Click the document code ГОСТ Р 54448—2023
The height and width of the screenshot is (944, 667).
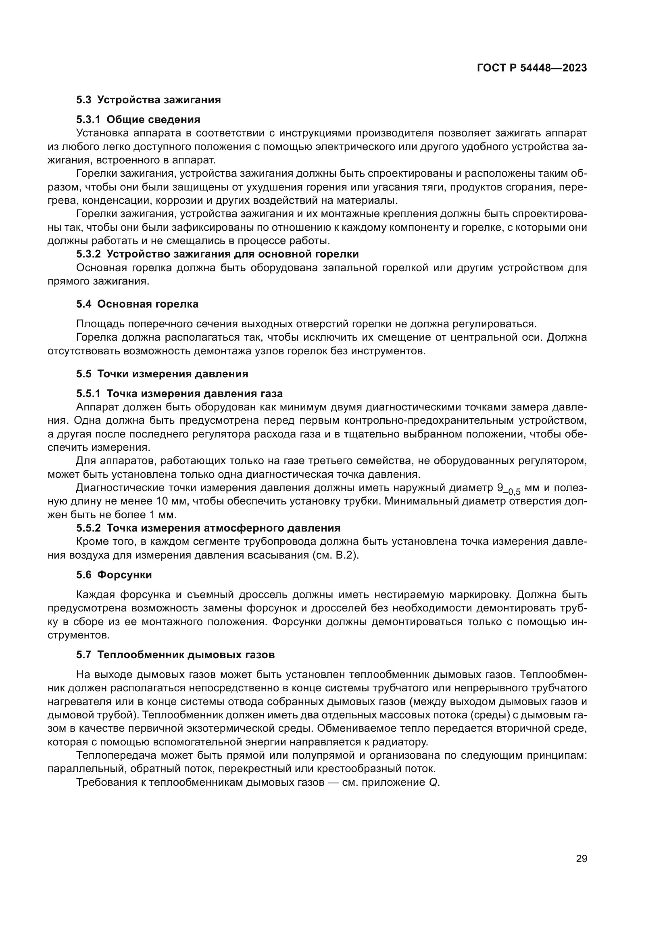pyautogui.click(x=532, y=68)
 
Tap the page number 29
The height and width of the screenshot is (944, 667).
pyautogui.click(x=581, y=858)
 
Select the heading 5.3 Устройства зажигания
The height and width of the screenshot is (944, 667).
pyautogui.click(x=148, y=100)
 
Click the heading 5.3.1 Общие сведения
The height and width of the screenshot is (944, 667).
pyautogui.click(x=138, y=119)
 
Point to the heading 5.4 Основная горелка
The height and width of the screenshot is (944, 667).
pyautogui.click(x=137, y=304)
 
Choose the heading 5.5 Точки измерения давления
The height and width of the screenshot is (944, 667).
pyautogui.click(x=162, y=374)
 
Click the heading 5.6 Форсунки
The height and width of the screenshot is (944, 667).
pyautogui.click(x=114, y=575)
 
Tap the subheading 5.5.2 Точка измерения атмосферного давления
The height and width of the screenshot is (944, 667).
pyautogui.click(x=208, y=528)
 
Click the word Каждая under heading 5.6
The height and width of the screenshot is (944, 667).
pyautogui.click(x=94, y=595)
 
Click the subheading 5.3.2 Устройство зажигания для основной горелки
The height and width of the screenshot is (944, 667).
pyautogui.click(x=217, y=254)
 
